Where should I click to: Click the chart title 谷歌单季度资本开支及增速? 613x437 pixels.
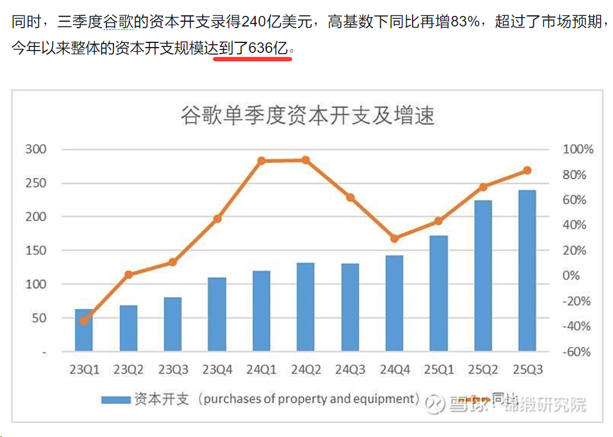(307, 115)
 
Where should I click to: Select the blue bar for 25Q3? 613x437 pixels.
(527, 271)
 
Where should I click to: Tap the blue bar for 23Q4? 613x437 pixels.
(217, 314)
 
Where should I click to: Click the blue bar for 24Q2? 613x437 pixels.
(306, 306)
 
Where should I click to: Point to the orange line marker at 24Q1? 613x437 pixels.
(262, 161)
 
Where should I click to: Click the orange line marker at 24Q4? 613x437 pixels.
(394, 238)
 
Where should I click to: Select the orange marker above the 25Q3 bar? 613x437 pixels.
(527, 171)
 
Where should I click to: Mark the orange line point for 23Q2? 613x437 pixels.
(129, 274)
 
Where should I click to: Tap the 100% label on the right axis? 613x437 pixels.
(578, 150)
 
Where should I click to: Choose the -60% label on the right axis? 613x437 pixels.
(577, 352)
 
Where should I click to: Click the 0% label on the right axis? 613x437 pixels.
(579, 276)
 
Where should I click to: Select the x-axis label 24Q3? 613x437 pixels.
(350, 370)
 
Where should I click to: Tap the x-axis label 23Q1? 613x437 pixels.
(85, 370)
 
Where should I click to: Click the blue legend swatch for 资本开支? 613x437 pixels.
(115, 399)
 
